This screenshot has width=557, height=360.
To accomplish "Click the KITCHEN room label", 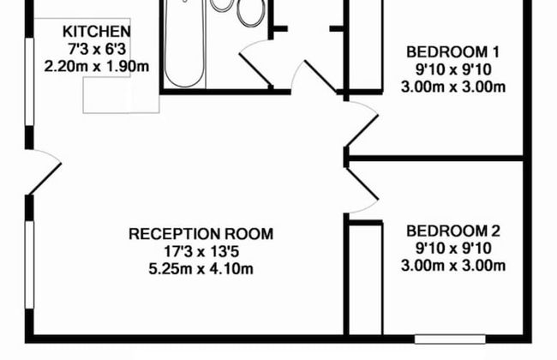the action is point(97,32).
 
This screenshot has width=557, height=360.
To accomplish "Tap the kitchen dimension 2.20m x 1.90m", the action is point(97,67).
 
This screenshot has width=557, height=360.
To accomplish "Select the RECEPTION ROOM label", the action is point(201,234).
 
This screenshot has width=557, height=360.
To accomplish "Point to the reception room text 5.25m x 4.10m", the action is point(201,268).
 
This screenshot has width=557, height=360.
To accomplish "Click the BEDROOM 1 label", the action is point(453,52).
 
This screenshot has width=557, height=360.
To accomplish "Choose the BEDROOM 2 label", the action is point(453,231).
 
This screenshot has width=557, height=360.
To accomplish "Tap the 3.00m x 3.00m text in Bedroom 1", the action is point(453,87).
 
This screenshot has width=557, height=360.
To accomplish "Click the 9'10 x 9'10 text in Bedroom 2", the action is point(453,249).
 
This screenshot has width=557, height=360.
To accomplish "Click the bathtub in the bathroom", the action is point(185,43).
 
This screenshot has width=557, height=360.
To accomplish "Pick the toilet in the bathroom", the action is point(251,13).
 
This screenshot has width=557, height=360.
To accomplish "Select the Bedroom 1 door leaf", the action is point(362,130).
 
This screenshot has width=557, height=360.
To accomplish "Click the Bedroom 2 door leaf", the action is point(362,184).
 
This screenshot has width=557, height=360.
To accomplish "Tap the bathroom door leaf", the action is point(255,69).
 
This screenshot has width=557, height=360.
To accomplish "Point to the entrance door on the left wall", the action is point(45,179).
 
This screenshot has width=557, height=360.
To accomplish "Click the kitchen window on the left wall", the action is point(29,81).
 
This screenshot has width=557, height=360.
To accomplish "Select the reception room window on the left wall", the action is point(29,265).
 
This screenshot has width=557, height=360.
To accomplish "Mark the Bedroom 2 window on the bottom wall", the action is point(450,339).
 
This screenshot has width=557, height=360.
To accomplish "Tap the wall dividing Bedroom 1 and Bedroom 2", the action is point(436,159).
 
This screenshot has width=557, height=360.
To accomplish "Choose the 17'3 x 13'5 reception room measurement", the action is point(201,252).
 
